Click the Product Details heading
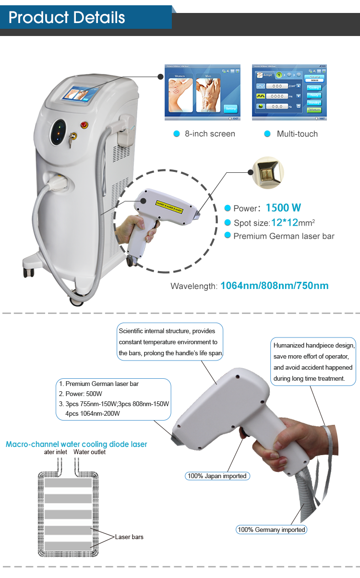point(67,18)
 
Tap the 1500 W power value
point(284,208)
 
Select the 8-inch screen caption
point(210,134)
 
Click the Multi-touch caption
point(297,134)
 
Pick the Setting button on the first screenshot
point(231,108)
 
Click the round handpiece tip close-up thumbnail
point(268,172)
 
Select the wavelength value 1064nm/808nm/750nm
point(275,286)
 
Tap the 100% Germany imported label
point(271,530)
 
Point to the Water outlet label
point(89,452)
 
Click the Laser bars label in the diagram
point(129,537)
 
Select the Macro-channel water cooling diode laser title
point(76,444)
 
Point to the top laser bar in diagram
point(68,483)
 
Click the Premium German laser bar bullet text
point(284,236)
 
